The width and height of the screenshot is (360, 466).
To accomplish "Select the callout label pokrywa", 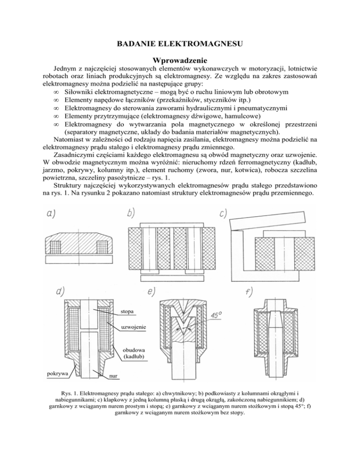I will pos(58,373).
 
